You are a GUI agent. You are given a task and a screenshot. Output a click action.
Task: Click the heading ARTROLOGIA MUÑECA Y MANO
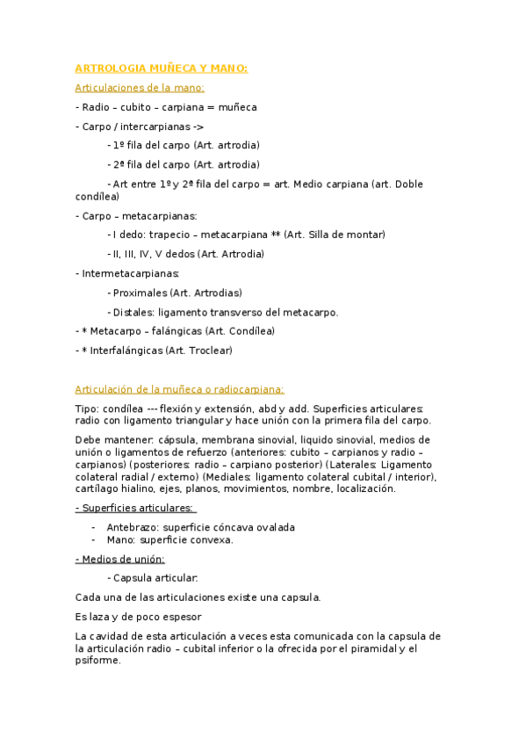pos(162,69)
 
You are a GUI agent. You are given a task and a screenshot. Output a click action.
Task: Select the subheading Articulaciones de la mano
pos(140,88)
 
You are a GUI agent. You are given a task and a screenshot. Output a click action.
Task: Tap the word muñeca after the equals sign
pos(238,107)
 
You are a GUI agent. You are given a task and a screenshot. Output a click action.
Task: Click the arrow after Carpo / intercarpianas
pos(198,127)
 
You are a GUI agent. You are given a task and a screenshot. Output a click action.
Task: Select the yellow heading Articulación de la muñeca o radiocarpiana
pos(179,389)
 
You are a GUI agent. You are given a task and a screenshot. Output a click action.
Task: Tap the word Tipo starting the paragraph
pos(86,409)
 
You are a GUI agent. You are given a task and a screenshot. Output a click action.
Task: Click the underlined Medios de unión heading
pos(120,559)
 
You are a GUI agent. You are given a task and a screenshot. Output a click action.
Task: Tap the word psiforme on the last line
pos(97,662)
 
